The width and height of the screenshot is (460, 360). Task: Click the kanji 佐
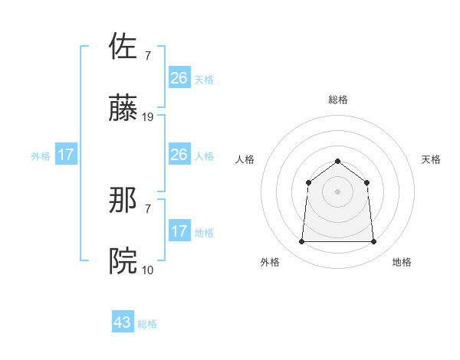point(124,45)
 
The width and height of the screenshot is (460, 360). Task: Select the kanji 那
point(124,201)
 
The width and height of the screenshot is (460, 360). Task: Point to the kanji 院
point(124,261)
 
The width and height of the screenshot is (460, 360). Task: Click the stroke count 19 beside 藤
point(148,117)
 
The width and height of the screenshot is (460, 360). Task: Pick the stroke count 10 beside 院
point(148,270)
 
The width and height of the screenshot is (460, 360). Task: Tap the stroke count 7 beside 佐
point(147,56)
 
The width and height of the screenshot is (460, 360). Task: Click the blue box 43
point(123,322)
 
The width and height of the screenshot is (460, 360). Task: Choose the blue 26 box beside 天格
point(179,78)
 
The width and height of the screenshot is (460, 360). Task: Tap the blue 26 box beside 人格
point(179,155)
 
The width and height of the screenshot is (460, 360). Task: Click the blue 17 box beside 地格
point(179,231)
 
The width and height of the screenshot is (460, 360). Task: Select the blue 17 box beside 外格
point(66,155)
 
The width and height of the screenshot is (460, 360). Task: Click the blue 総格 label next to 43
point(147,324)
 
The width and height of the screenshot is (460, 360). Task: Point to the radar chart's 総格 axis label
point(337,100)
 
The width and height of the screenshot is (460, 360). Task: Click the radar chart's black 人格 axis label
point(245,159)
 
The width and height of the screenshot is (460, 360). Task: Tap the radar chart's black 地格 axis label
point(402,262)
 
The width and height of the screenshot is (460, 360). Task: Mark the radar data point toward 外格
point(301,242)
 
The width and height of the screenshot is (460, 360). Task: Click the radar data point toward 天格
point(367,182)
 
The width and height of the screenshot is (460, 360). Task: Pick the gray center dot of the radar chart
point(337,191)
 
